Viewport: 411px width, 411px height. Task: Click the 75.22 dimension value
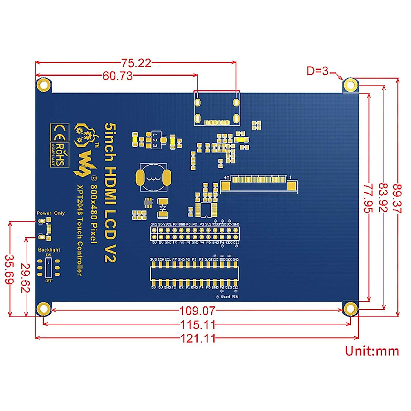[x=136, y=63]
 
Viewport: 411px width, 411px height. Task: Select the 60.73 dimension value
[x=117, y=76]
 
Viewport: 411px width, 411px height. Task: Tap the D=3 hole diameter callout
[x=317, y=71]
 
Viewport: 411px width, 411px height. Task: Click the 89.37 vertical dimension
[x=397, y=199]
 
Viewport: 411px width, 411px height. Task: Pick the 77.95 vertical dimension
[x=368, y=198]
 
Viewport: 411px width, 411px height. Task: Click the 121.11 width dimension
[x=198, y=338]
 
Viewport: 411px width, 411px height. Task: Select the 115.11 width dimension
[x=198, y=324]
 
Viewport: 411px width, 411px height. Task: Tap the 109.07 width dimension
[x=198, y=311]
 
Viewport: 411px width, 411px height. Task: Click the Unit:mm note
[x=372, y=351]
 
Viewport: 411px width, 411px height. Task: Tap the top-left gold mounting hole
[x=43, y=85]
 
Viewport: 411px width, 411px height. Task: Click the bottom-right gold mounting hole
[x=350, y=309]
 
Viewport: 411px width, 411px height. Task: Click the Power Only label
[x=51, y=213]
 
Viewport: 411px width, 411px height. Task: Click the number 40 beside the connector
[x=226, y=178]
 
